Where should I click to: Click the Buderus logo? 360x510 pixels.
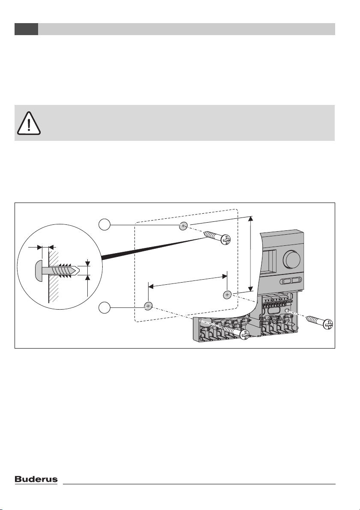36,480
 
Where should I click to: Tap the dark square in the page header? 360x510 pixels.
26,29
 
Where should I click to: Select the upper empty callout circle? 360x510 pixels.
104,223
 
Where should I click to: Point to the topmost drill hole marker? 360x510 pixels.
183,225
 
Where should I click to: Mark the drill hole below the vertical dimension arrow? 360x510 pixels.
227,295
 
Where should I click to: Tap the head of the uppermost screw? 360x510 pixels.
226,241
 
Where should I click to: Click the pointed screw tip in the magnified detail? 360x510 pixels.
76,271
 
